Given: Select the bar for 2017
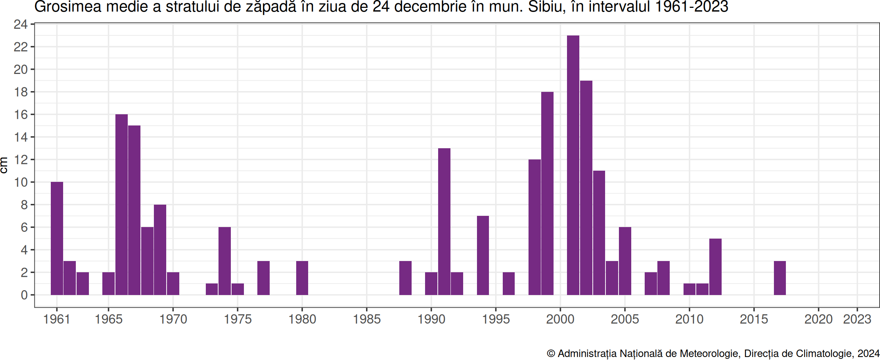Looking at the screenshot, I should pos(780,278).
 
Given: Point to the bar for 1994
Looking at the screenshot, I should pos(483,255).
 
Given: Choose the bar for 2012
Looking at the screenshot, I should pos(715,267).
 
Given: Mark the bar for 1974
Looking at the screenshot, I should pos(224,261).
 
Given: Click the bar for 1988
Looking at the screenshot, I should pos(405,278).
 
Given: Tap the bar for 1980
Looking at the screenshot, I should pos(302,278).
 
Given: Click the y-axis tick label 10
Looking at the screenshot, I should pos(21,182).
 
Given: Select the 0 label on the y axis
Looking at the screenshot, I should pos(24,295).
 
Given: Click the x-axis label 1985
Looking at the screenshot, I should pos(367,319).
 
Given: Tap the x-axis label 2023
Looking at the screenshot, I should pos(857,319).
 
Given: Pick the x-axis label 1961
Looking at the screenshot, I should pos(57,319).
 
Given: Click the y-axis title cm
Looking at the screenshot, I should pos(4,165).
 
